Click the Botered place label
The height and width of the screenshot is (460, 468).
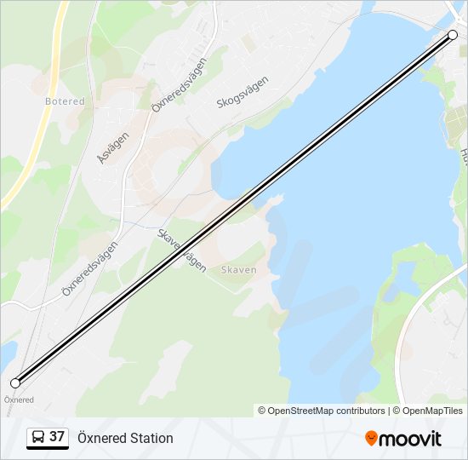65,101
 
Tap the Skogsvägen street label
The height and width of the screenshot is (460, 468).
243,92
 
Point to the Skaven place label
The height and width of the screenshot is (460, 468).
238,269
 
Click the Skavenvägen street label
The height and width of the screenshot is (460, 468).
182,250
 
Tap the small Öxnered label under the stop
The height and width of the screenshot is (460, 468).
19,400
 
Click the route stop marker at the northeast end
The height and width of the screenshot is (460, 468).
453,35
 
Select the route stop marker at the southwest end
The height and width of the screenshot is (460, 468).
15,383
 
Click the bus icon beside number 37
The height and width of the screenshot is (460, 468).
39,437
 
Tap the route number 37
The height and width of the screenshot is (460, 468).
57,437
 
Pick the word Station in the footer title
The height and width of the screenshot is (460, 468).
152,438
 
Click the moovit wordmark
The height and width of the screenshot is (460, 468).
410,439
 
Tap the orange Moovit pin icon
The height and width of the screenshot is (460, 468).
371,438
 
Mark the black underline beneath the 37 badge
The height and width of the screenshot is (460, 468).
48,448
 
